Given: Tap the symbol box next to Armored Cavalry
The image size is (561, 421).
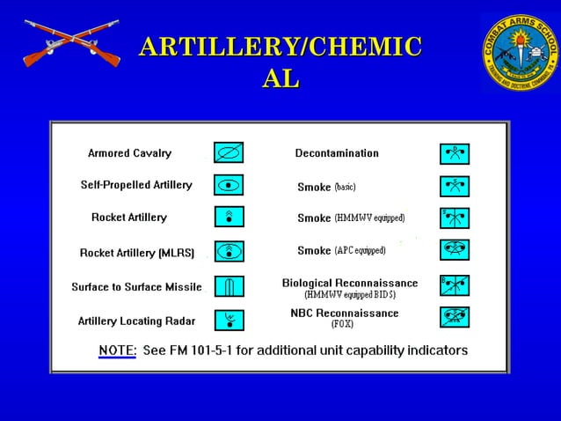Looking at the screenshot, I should coord(229,153).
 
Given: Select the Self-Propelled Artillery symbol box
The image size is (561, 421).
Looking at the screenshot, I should coord(229,185).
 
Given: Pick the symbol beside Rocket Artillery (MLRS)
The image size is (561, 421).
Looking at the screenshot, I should coord(229,252).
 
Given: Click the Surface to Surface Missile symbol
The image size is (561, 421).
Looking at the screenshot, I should coord(229,286).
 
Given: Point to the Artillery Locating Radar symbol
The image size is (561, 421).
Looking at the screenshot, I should coord(229,320).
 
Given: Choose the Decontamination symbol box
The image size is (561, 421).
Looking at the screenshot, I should coord(455,154).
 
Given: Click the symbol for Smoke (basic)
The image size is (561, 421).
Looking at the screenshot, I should coord(455,187).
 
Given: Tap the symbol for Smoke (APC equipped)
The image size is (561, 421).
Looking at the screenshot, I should coord(455,250).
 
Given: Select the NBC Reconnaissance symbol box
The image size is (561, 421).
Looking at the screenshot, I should coord(455,317).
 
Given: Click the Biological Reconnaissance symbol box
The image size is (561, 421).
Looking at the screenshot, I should coord(455,284).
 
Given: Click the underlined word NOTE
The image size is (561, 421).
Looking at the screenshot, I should coord(117,351).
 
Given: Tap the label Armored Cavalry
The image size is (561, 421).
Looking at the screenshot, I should coord(129,153).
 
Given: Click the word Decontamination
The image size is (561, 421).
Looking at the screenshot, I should coord(337,153).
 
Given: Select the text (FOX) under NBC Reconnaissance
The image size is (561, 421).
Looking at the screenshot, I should coord(343,325).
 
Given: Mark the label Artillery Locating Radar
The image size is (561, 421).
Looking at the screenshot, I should coord(136,321).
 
